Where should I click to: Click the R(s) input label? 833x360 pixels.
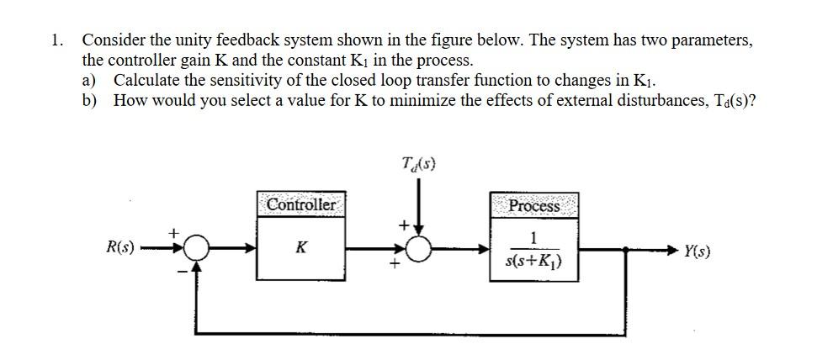[120, 248]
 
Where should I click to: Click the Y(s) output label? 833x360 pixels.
[698, 250]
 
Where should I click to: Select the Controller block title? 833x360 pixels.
[300, 204]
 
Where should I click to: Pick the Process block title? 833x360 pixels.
[534, 205]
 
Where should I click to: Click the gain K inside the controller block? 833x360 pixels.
[300, 248]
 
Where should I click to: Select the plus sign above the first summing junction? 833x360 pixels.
[175, 230]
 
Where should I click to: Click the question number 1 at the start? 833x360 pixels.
[55, 40]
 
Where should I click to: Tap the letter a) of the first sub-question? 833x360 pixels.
[88, 81]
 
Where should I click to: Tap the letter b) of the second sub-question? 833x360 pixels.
[88, 100]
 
